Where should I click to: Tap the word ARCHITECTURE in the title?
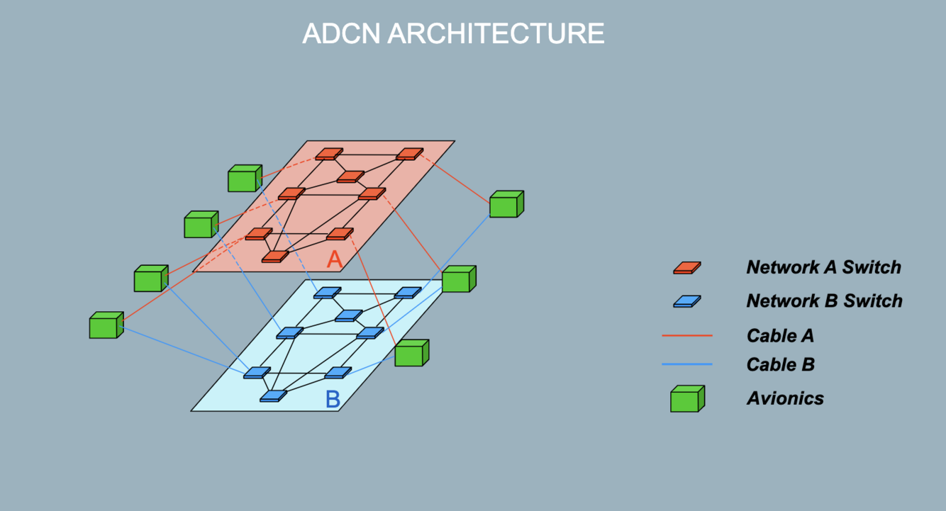(x=496, y=33)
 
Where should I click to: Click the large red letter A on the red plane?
(x=335, y=259)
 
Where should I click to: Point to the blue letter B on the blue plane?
(x=333, y=400)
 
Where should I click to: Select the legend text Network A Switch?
(x=823, y=267)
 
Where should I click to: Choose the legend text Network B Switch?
(x=824, y=301)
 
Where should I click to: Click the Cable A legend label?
(x=780, y=335)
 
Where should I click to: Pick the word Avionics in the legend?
(x=785, y=398)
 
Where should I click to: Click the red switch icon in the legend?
(x=686, y=267)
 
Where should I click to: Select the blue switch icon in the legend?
(x=686, y=301)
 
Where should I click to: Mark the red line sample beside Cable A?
(x=686, y=335)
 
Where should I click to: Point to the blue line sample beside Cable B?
(x=686, y=364)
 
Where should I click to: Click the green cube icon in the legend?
(x=686, y=399)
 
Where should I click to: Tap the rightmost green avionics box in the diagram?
(x=506, y=204)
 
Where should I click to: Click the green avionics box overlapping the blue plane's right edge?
(x=411, y=353)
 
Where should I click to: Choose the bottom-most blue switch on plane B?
(x=273, y=396)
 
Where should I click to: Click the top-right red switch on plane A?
(x=409, y=154)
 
